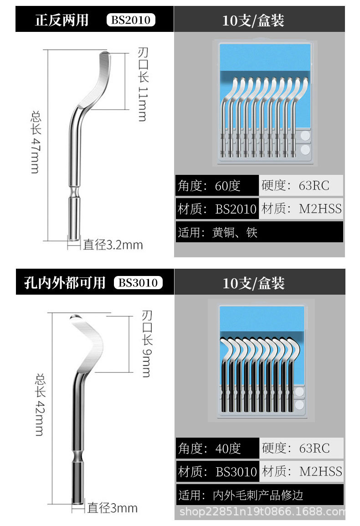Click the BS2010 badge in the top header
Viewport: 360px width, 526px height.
131,20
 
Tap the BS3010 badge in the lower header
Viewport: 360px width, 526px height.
138,283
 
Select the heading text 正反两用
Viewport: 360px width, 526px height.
62,20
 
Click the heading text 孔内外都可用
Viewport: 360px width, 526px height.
65,283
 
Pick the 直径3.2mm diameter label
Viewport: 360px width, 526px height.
113,245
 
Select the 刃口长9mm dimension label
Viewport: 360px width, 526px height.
146,344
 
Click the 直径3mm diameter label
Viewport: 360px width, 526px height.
112,508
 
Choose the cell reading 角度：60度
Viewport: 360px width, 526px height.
216,185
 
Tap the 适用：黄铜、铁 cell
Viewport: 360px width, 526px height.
259,233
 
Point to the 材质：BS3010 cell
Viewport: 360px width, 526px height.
217,471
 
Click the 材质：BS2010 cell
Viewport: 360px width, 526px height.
217,209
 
